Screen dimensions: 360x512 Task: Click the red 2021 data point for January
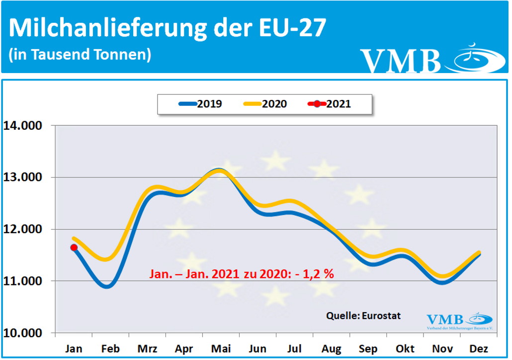point(74,248)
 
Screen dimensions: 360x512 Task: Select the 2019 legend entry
point(201,104)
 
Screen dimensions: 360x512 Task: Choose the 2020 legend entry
point(265,104)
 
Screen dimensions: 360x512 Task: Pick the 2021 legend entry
point(330,104)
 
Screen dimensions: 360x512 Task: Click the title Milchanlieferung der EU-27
point(168,28)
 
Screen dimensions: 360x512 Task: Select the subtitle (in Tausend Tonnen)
point(80,54)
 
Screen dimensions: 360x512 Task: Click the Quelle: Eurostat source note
point(363,315)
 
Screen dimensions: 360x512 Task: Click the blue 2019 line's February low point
point(108,286)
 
